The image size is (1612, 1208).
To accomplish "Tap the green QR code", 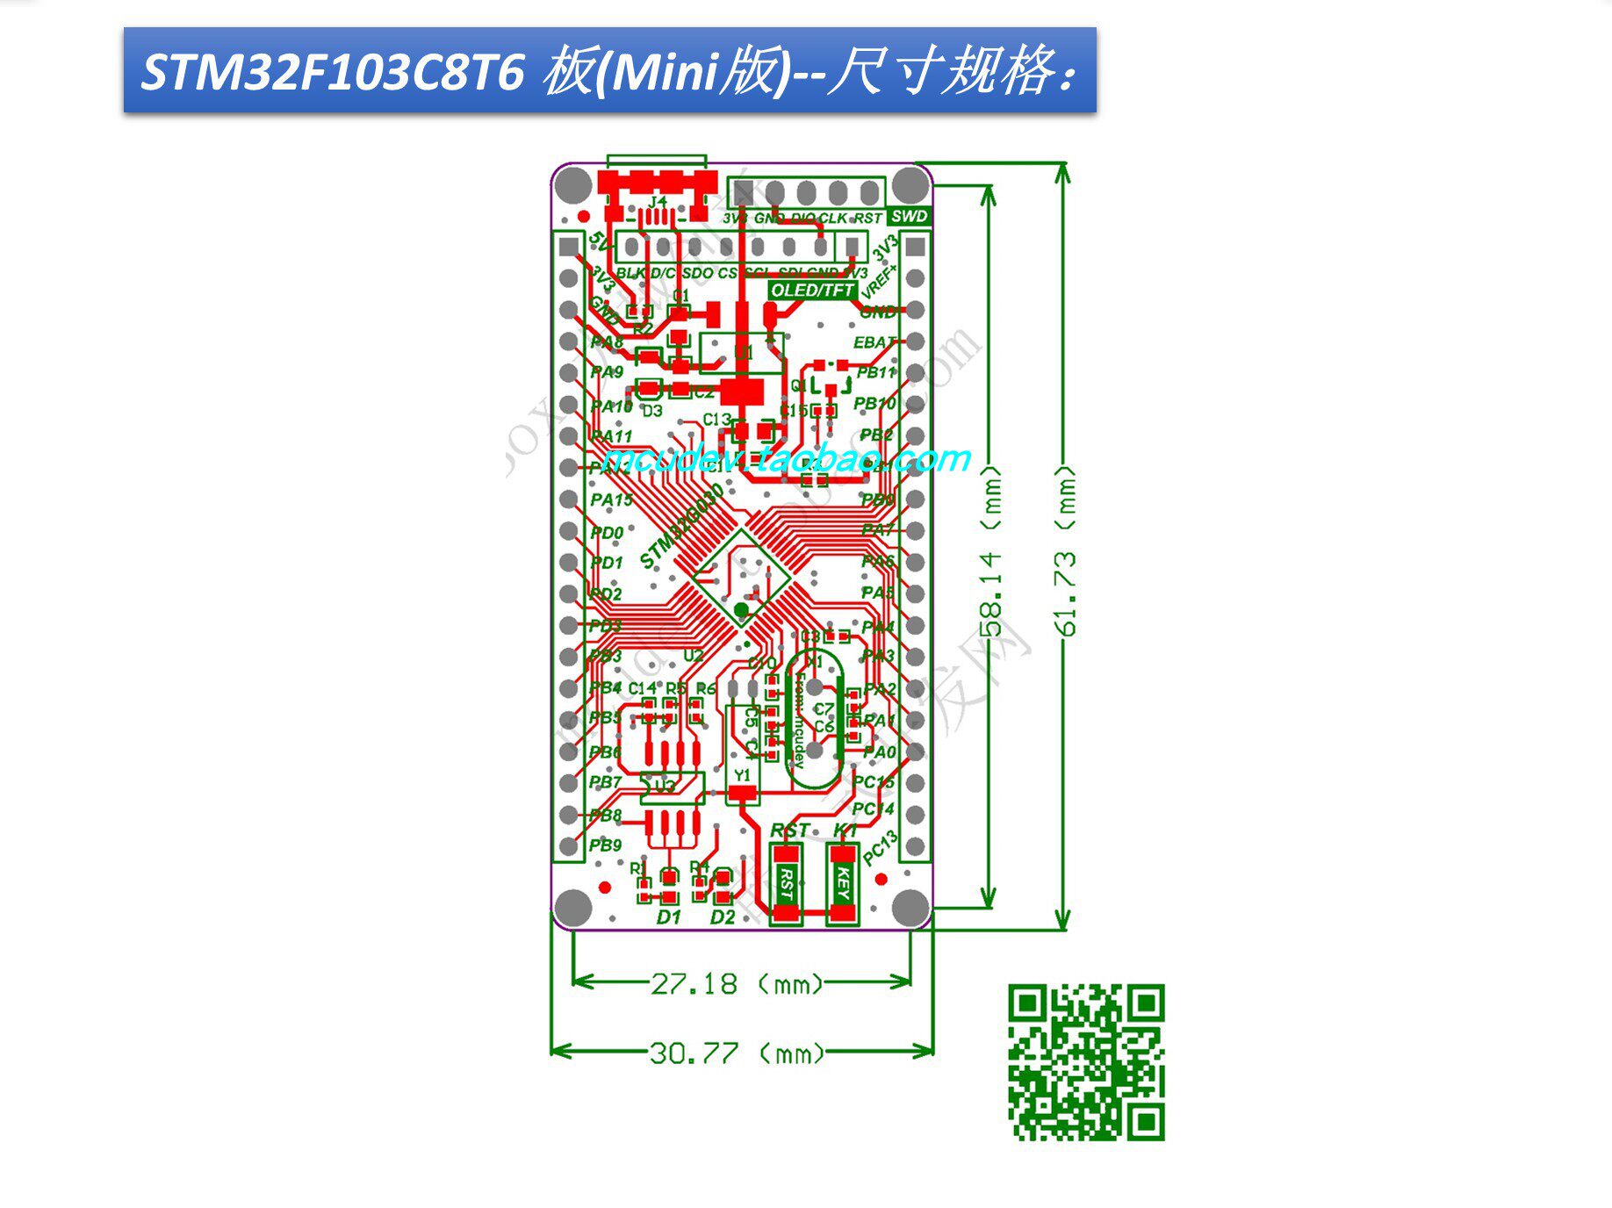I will [x=1086, y=1062].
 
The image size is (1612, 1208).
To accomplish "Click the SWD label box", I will [x=908, y=216].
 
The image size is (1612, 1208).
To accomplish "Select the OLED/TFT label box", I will [x=812, y=290].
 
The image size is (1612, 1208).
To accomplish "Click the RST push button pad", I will [x=787, y=882].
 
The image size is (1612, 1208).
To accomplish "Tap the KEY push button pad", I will [x=843, y=882].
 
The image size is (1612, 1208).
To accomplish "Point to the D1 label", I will [x=669, y=917].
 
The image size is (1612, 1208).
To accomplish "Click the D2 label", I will [x=723, y=917].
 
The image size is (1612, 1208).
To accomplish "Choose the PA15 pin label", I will [x=611, y=500].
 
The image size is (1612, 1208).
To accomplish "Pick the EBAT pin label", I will [x=874, y=342].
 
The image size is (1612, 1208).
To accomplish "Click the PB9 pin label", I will [x=606, y=845].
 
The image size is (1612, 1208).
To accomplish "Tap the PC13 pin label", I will [x=880, y=848].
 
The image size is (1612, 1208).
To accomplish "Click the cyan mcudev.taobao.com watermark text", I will [x=787, y=458].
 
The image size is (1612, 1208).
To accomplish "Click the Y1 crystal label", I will [x=743, y=775].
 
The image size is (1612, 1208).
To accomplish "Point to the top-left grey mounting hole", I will [x=573, y=185].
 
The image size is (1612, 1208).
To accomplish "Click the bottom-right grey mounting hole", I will [x=910, y=907].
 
